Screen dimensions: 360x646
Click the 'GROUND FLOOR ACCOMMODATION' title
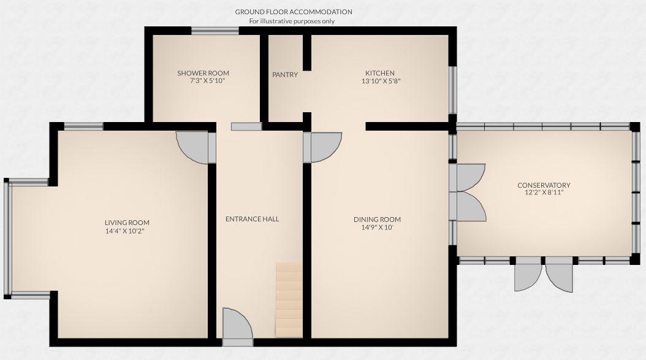tap(294, 12)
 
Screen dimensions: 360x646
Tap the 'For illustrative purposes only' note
tap(292, 21)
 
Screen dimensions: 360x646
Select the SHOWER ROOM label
tap(203, 73)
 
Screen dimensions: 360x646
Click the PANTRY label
tap(285, 75)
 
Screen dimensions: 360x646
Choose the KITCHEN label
tap(380, 73)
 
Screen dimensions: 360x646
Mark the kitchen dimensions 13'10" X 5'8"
tap(380, 80)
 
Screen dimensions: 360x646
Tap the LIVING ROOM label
tap(127, 223)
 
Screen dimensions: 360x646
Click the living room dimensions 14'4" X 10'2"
tap(127, 231)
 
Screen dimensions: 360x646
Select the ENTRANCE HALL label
tap(252, 219)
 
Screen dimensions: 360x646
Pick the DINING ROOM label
tap(377, 220)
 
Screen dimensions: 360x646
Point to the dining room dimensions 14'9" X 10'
tap(377, 228)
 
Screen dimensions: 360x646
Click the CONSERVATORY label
tap(544, 185)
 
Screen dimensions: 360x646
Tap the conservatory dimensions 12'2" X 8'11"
tap(544, 193)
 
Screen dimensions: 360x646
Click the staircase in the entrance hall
tap(289, 300)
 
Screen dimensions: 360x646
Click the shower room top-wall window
tap(215, 31)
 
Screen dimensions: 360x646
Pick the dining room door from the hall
tap(324, 147)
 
